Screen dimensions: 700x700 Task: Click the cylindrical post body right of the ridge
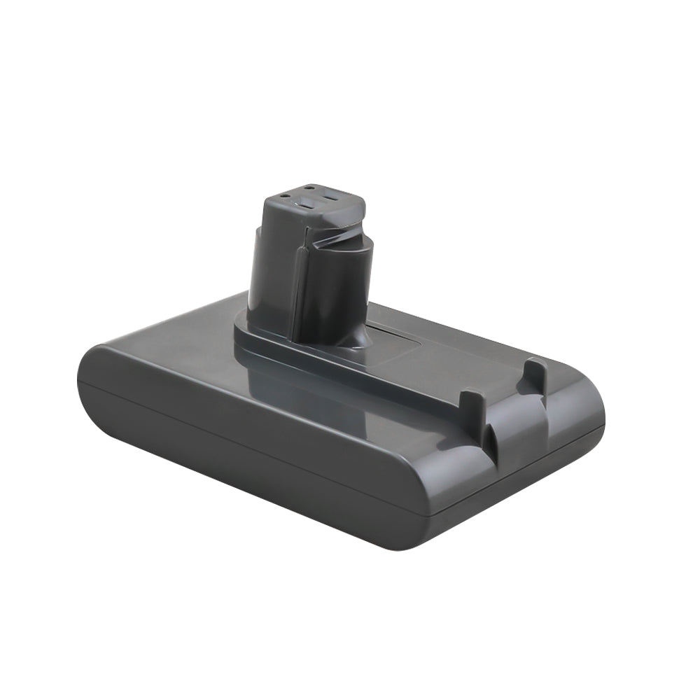coord(336,294)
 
